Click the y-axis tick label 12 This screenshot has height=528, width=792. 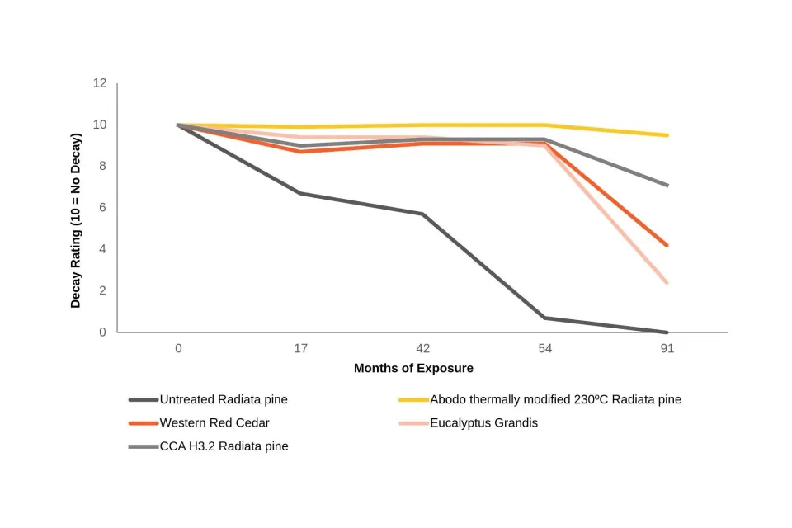100,83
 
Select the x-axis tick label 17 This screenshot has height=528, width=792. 300,349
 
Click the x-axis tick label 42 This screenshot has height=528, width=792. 422,349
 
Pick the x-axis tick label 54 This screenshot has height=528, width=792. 544,349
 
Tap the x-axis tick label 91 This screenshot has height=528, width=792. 667,349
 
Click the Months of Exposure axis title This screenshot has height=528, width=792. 413,368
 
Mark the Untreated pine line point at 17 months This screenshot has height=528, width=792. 300,193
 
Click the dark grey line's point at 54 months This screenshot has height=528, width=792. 544,318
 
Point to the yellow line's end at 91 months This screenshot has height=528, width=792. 667,135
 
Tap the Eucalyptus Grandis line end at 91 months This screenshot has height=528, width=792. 667,282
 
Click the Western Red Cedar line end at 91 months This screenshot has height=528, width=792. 667,245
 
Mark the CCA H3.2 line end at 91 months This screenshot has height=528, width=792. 667,186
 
